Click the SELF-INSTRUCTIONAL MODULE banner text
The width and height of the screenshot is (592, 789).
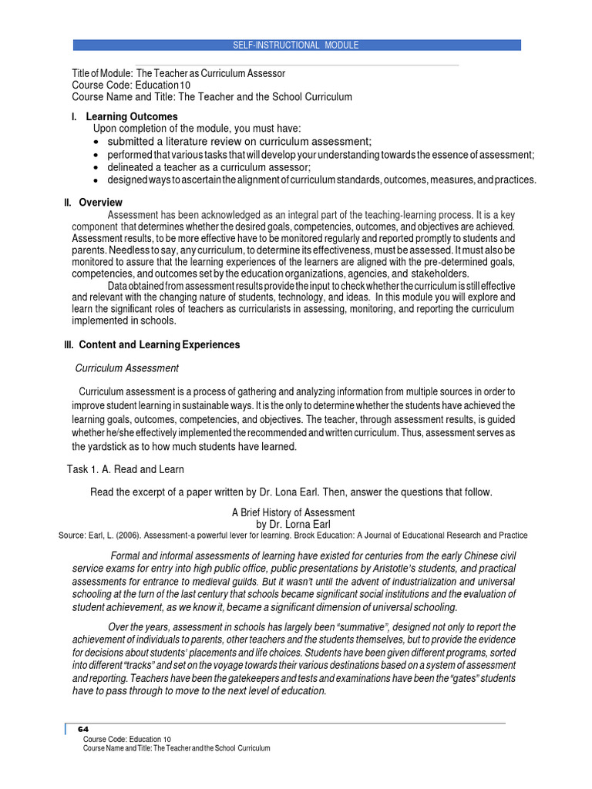296,45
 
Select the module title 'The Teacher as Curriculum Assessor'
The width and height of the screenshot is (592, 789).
210,73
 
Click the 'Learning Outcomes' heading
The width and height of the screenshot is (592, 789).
132,116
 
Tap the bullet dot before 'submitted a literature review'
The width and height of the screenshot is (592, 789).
95,142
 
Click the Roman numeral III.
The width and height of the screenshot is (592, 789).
68,344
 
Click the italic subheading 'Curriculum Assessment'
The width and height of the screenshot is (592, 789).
126,368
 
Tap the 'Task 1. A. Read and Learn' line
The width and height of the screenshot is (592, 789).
125,469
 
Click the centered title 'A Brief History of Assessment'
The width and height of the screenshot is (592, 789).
294,512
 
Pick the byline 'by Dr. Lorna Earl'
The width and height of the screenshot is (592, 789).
294,524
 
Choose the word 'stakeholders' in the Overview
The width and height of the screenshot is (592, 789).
440,274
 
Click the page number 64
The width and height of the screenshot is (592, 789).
84,729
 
